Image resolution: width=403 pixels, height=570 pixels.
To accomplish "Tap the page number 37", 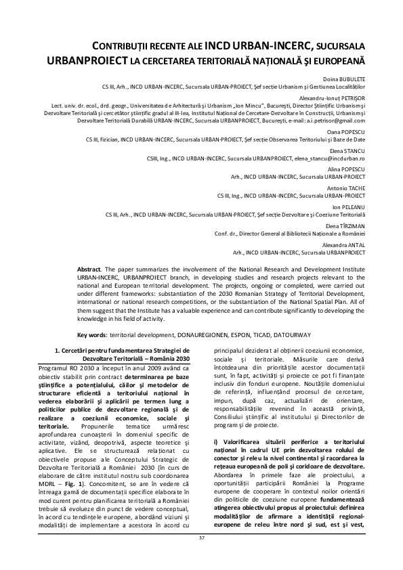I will coord(201,556).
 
